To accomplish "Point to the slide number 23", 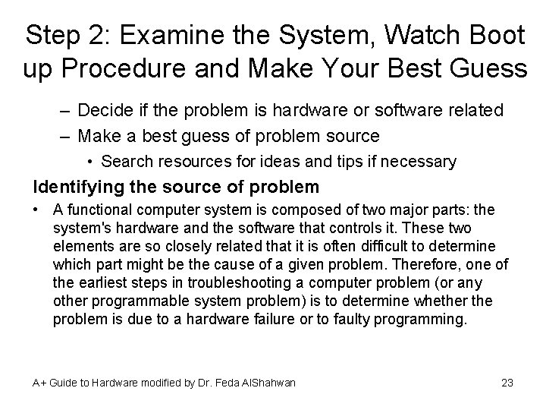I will click(x=507, y=383).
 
